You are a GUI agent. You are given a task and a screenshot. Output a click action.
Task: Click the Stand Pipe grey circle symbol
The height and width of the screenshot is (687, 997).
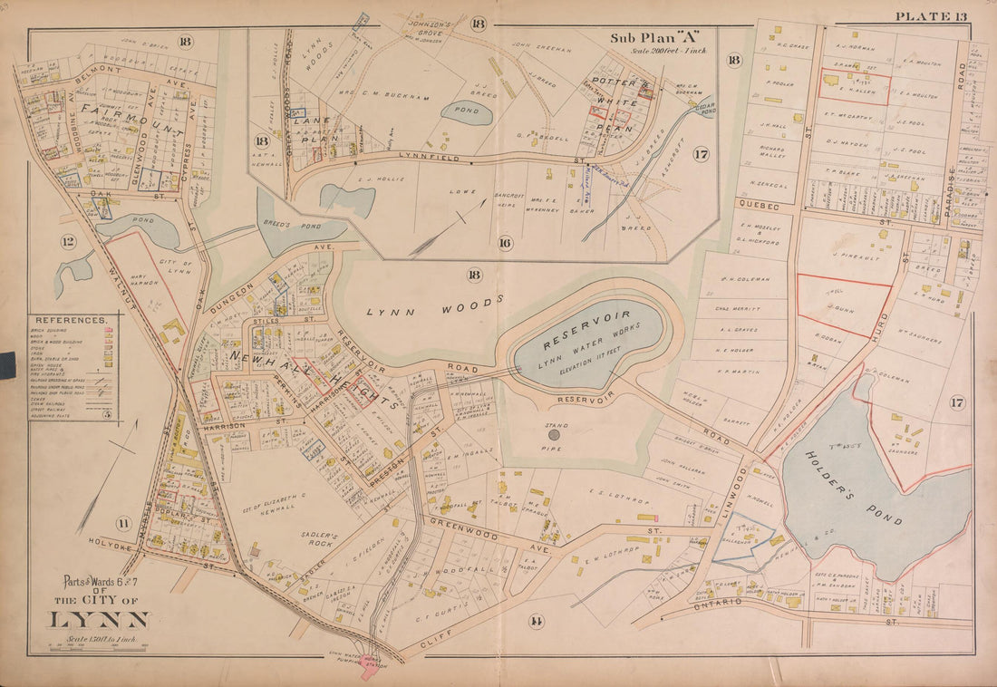[x=555, y=435]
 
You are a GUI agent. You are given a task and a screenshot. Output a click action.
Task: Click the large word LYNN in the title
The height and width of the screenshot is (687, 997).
[x=98, y=620]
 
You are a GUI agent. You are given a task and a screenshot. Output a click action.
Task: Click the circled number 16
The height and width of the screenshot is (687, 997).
[x=504, y=243]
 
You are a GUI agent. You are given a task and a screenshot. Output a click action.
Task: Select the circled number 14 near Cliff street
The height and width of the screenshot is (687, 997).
[x=537, y=621]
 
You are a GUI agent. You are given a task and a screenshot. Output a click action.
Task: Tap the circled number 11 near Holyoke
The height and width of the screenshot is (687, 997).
[x=121, y=521]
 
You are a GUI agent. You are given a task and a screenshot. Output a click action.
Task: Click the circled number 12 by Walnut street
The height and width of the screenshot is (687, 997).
[x=68, y=241]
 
